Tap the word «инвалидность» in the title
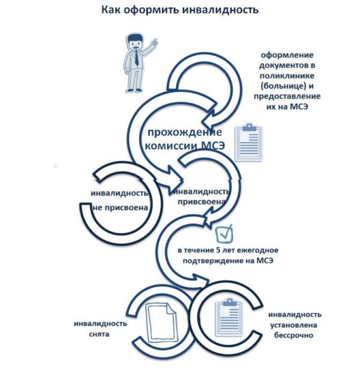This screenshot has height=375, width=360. [221, 10]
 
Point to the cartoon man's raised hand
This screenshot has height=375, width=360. [155, 42]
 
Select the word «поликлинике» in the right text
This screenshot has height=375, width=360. [287, 76]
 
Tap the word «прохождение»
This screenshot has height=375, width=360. [185, 132]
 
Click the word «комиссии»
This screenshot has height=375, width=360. [171, 145]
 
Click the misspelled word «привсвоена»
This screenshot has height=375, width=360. [201, 202]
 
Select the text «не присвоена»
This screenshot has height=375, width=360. [120, 208]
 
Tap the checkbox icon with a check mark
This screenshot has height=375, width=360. [224, 233]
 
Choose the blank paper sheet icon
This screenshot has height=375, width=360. [162, 322]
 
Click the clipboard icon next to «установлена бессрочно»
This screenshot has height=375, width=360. [229, 318]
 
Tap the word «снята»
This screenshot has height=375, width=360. [99, 334]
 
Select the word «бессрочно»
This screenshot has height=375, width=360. [293, 335]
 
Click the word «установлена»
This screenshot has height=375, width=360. [293, 325]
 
